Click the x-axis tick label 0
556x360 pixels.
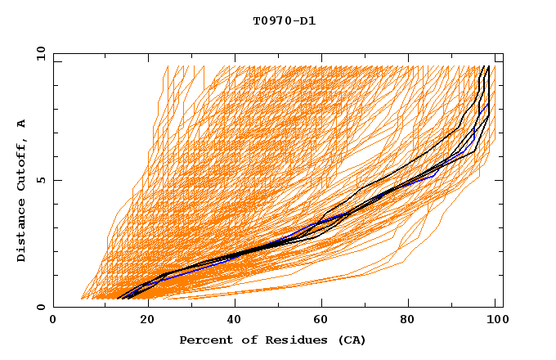pyautogui.click(x=53, y=321)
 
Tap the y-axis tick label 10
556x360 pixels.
pyautogui.click(x=40, y=53)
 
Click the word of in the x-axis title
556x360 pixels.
pyautogui.click(x=245, y=340)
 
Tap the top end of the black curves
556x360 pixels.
pyautogui.click(x=485, y=67)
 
